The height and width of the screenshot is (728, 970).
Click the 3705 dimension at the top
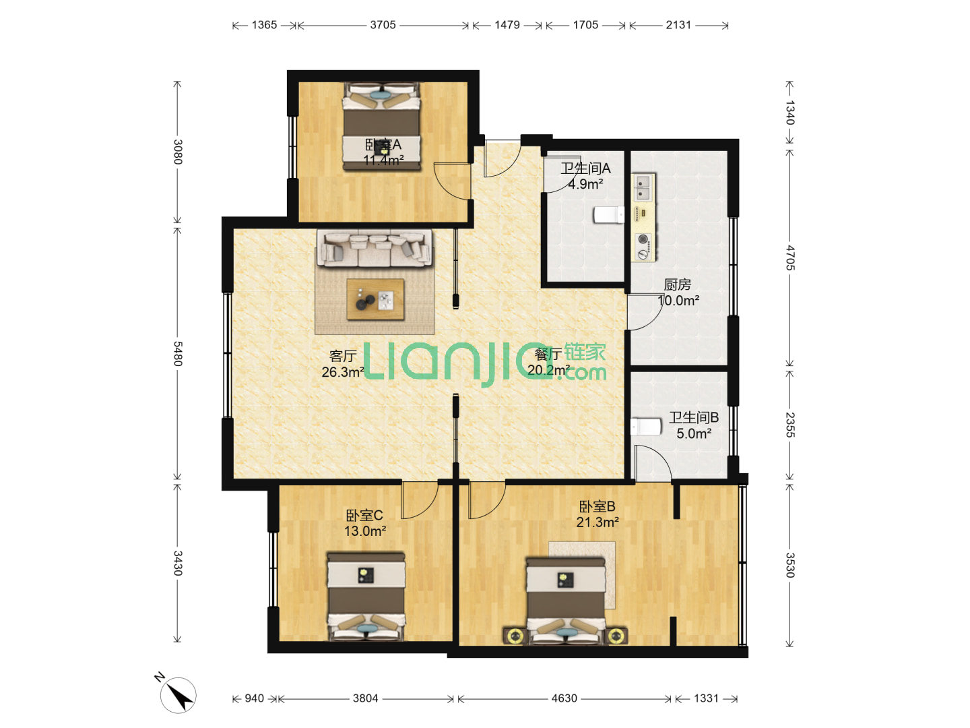click(383, 25)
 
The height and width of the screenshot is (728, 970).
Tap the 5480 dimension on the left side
click(178, 353)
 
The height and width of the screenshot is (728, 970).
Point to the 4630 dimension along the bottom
click(564, 698)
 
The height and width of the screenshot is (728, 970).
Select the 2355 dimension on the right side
click(790, 425)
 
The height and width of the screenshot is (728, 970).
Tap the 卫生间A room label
click(585, 168)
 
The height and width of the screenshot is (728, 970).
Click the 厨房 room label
click(677, 284)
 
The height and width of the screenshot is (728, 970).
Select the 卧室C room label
click(364, 515)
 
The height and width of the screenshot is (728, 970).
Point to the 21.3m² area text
click(597, 522)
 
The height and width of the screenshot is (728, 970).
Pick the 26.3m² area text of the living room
click(342, 371)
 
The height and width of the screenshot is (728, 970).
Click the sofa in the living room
click(375, 248)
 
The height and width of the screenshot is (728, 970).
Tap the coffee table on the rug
click(375, 299)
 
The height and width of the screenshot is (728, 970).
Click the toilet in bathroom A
click(608, 215)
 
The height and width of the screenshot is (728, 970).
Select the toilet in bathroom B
click(645, 427)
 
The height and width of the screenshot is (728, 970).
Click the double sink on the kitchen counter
click(643, 187)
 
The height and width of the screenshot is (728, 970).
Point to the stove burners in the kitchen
click(643, 246)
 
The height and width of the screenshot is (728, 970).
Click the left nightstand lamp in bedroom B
click(515, 636)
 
